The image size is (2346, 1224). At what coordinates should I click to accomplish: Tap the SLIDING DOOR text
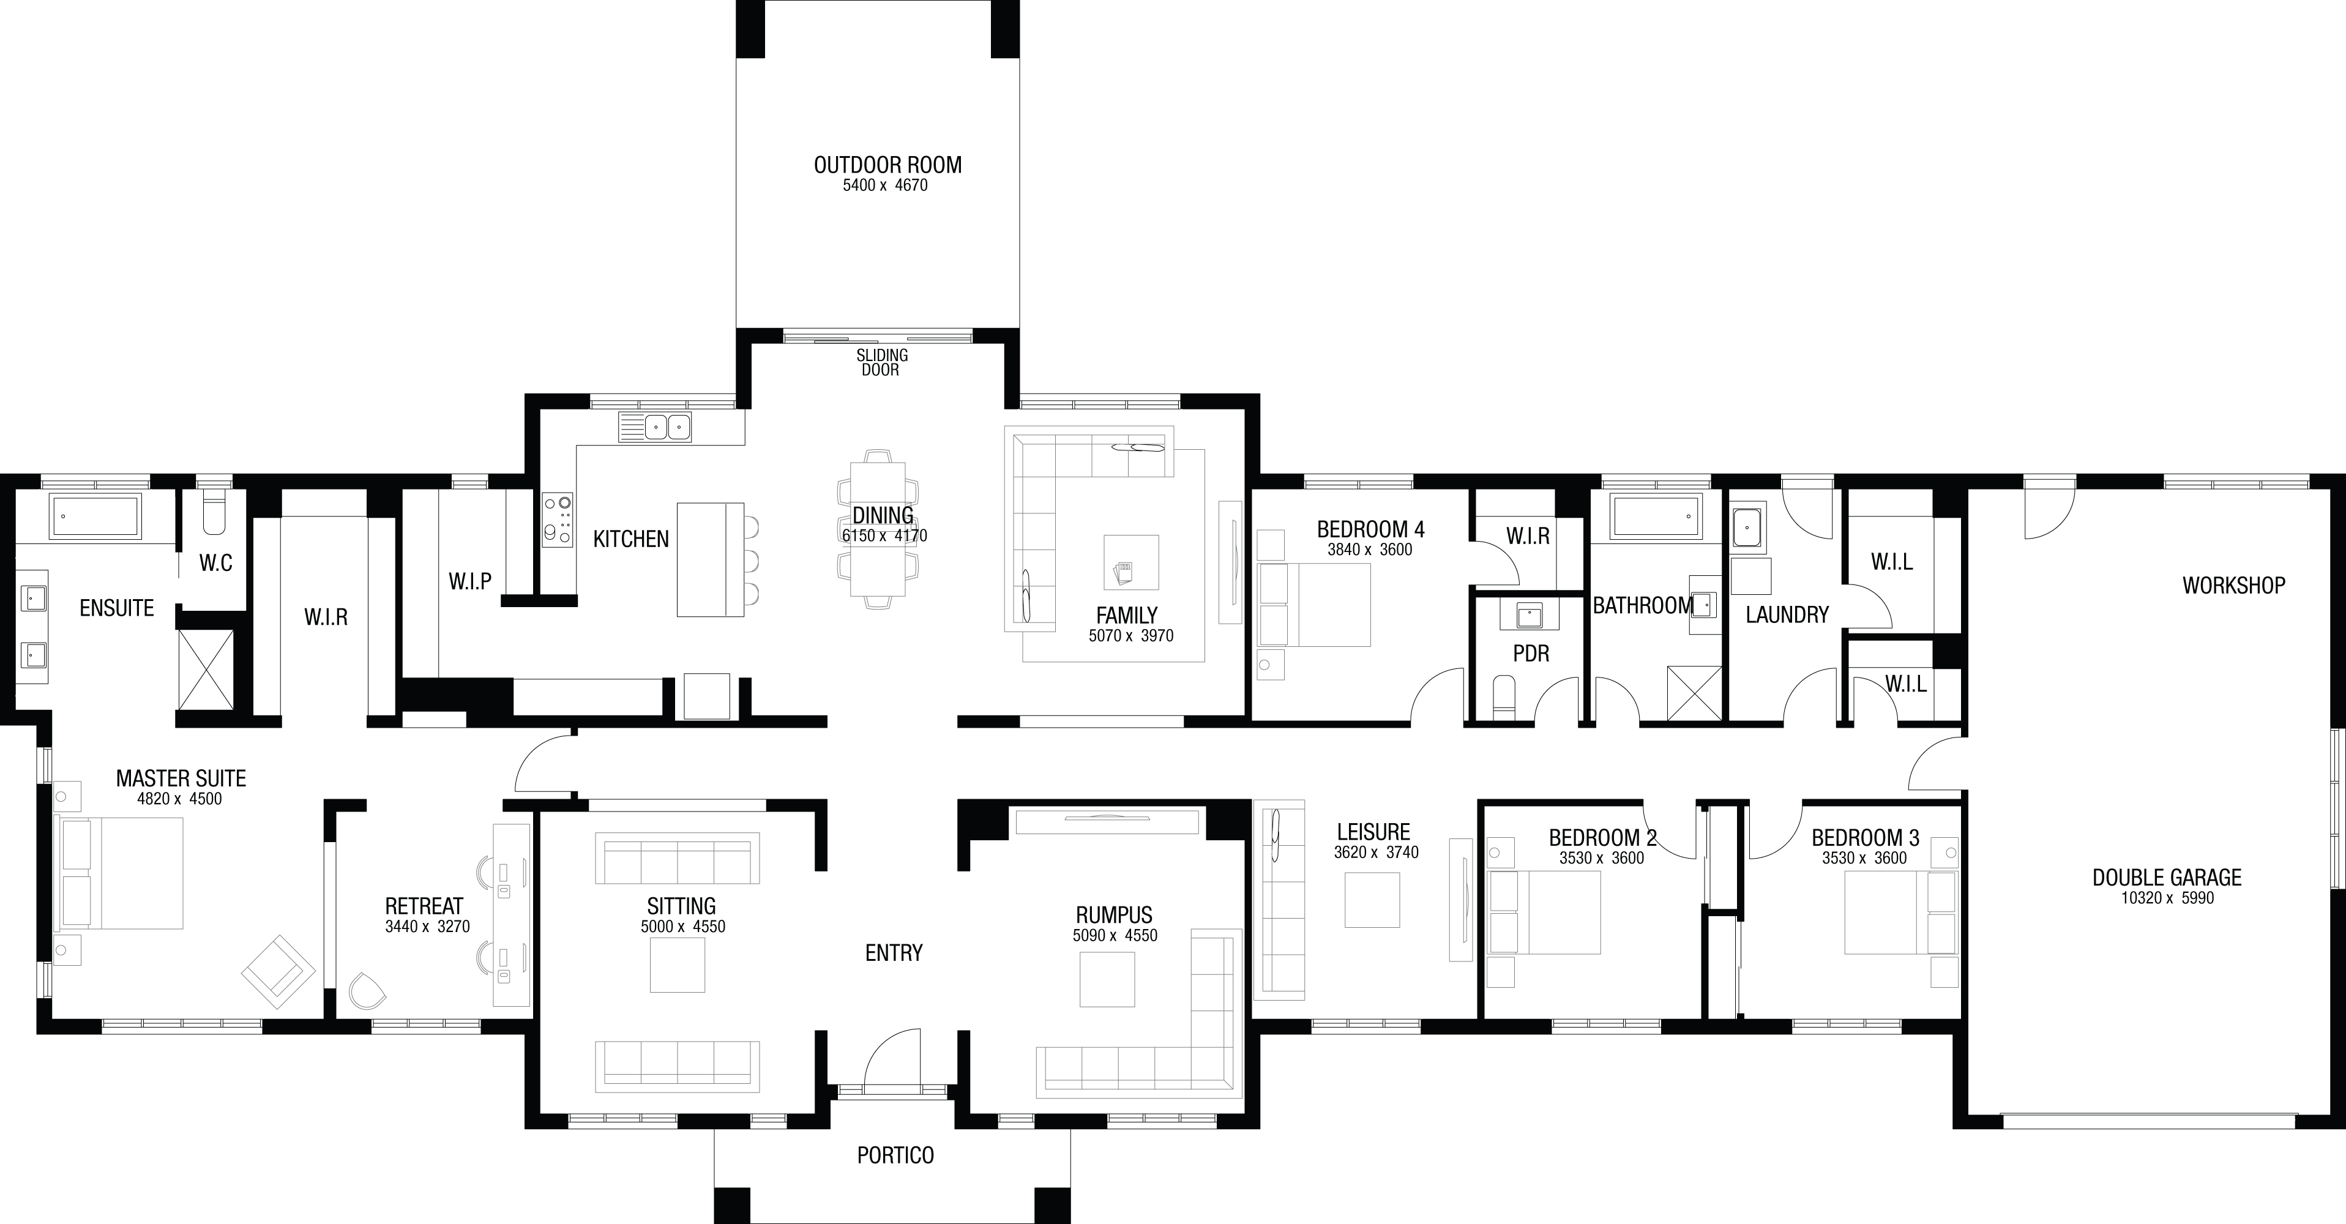881,362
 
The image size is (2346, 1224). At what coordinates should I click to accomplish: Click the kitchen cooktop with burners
558,520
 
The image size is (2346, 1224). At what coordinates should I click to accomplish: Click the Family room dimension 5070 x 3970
1131,636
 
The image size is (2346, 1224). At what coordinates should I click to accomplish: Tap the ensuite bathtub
95,515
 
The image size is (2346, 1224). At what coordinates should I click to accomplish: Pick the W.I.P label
470,581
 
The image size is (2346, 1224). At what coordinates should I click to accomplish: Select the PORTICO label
895,1155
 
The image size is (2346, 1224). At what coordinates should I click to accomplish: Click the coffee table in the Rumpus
1107,980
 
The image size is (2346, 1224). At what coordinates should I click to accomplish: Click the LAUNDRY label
1787,614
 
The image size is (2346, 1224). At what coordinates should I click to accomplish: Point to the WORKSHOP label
2234,586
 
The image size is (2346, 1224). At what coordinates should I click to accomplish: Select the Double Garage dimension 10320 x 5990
2167,898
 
